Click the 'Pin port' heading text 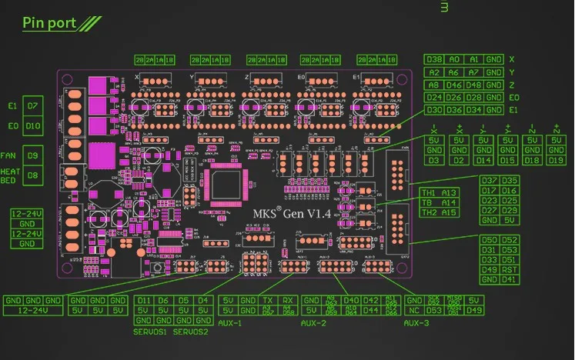[x=49, y=22]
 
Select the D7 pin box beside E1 [x=33, y=105]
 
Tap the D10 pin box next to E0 [x=33, y=125]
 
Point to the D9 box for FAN [x=33, y=155]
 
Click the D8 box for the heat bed [x=33, y=175]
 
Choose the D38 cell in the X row [x=434, y=59]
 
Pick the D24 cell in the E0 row [x=434, y=98]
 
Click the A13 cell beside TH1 [x=449, y=192]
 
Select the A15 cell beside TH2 [x=449, y=212]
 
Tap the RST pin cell [x=508, y=269]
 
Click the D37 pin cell [x=489, y=181]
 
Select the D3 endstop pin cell [x=434, y=160]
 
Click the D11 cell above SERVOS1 [x=144, y=300]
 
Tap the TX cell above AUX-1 [x=266, y=300]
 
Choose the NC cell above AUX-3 [x=414, y=310]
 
